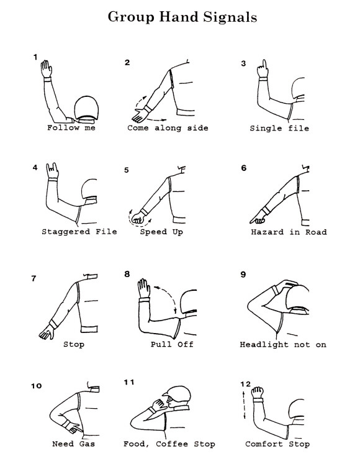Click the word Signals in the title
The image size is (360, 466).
click(x=230, y=17)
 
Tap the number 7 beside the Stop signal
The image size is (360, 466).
click(x=34, y=278)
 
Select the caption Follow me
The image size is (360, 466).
click(x=71, y=128)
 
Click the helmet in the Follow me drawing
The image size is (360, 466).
click(x=86, y=108)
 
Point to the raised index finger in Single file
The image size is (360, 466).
click(x=264, y=64)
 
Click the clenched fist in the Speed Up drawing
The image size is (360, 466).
click(x=138, y=217)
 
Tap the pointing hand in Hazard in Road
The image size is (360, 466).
click(x=258, y=217)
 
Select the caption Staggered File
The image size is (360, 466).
click(x=79, y=232)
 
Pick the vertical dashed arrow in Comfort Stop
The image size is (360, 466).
click(x=244, y=405)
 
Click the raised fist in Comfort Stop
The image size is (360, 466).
click(x=258, y=393)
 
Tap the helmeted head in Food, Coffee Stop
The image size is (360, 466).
click(x=177, y=398)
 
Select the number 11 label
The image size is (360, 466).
click(x=129, y=382)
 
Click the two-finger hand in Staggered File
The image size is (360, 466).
click(x=52, y=171)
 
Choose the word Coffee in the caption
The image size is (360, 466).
click(x=172, y=444)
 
